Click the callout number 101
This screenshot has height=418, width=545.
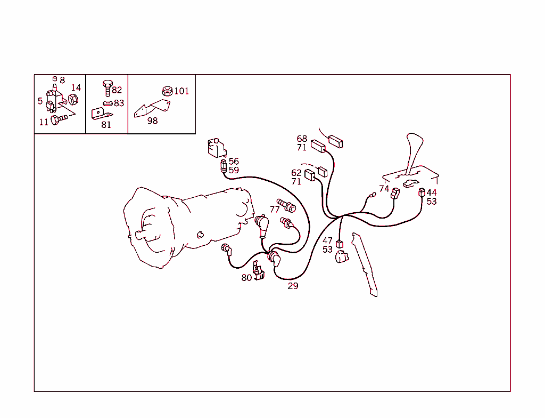point(181,91)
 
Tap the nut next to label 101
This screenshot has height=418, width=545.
point(167,91)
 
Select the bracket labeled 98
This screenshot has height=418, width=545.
point(152,108)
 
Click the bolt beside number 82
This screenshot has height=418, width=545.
point(108,88)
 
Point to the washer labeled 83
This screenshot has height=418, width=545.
point(108,103)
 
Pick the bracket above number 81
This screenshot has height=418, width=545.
point(101,114)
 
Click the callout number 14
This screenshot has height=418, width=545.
point(76,87)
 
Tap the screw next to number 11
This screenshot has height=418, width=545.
point(59,119)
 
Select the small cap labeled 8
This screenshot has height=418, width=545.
point(55,79)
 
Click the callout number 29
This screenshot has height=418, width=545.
point(293,286)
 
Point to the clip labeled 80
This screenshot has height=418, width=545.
point(258,271)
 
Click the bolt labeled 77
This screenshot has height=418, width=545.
point(286,205)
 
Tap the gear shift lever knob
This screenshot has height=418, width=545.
point(415,141)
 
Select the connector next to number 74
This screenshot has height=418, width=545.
point(395,194)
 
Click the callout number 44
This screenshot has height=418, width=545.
point(432,192)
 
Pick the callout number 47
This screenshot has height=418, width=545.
point(327,240)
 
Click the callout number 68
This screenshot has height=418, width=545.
point(302,139)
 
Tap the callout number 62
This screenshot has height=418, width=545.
point(296,173)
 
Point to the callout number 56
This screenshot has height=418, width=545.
point(234,161)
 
